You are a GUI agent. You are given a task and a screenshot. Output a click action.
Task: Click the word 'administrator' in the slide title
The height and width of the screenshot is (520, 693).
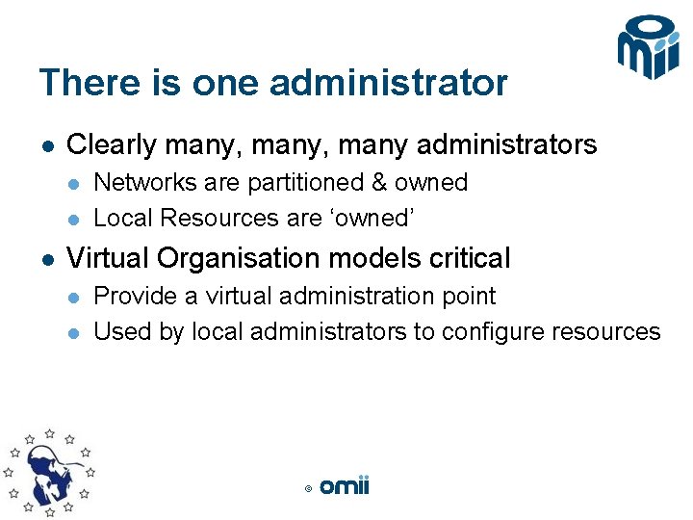coord(388,83)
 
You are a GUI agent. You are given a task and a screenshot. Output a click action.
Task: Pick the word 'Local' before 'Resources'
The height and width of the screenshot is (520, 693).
coord(123,219)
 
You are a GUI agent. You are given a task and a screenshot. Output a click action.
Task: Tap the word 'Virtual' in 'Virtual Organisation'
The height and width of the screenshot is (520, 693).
coord(108,258)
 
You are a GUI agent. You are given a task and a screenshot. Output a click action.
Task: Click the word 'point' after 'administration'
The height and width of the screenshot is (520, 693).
coord(466,297)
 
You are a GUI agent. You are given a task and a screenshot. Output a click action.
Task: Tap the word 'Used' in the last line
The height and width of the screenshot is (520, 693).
coord(118,332)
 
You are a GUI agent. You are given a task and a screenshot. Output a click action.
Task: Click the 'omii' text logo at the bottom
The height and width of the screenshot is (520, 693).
coord(344,486)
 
